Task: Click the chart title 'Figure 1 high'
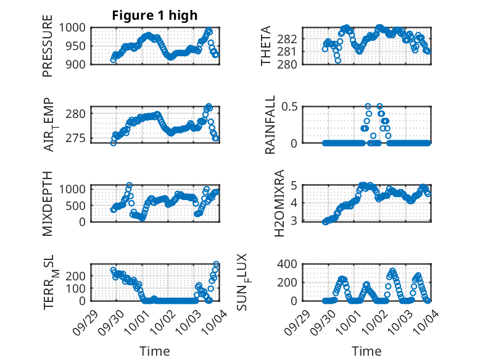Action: click(x=154, y=15)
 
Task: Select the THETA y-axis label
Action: click(x=266, y=46)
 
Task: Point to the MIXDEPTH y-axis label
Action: click(x=48, y=204)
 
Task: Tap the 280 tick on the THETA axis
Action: click(x=291, y=64)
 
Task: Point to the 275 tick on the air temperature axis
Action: click(x=81, y=138)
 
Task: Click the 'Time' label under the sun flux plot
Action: click(x=366, y=351)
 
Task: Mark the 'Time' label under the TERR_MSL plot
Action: click(x=154, y=351)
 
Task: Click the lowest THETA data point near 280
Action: click(x=337, y=60)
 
